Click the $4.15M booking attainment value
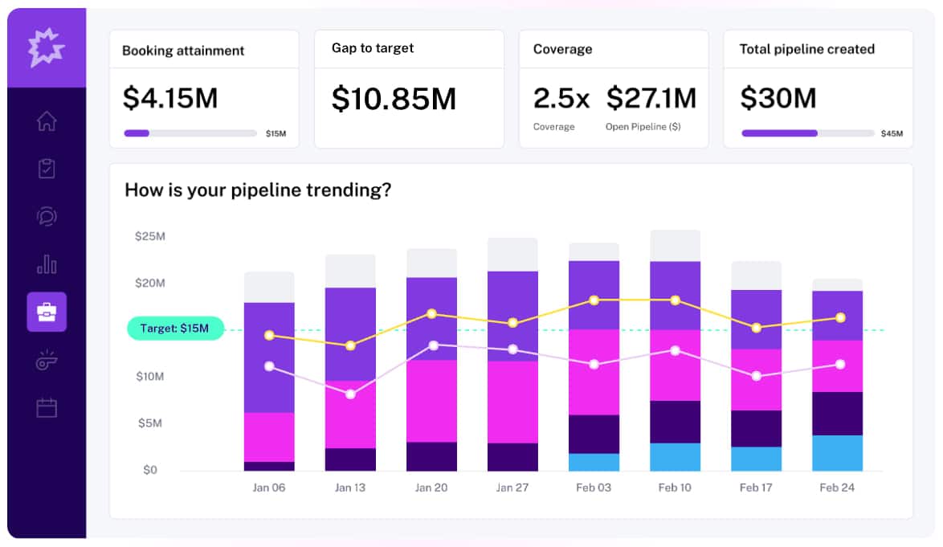pos(169,98)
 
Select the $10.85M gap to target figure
pos(394,98)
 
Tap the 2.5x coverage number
pos(561,98)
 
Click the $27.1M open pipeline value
pos(651,98)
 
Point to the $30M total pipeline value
pos(778,98)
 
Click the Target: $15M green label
pos(175,329)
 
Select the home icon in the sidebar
pos(47,121)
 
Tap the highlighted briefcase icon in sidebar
pos(47,312)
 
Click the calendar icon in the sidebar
pos(47,408)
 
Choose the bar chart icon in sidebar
pos(47,263)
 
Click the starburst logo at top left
pos(47,47)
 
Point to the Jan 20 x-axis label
pos(431,488)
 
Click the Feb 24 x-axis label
pos(837,488)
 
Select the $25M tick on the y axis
pos(150,236)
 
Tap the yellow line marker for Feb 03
pos(594,300)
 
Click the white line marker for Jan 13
pos(350,394)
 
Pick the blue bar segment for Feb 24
pos(837,453)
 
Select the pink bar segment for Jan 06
pos(269,437)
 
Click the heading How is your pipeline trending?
pos(258,190)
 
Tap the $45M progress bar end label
pos(892,133)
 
